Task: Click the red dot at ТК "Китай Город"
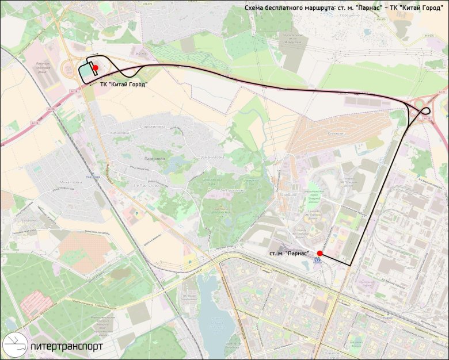96,68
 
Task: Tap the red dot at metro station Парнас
319,252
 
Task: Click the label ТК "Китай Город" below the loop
124,85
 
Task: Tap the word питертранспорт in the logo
67,347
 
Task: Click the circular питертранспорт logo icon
14,345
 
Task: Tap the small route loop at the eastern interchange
425,110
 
